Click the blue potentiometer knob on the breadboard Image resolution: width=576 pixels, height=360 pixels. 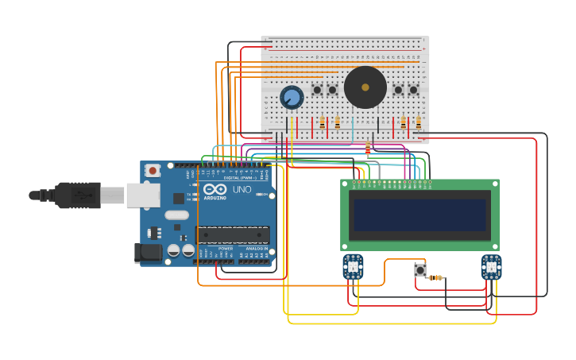pos(292,98)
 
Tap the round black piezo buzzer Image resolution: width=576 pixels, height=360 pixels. pos(365,87)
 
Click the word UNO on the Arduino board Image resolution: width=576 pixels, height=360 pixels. pos(241,191)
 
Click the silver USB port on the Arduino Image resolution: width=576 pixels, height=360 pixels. pos(143,195)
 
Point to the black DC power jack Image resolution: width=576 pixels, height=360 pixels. pos(148,253)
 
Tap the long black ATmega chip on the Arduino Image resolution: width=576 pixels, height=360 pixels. pos(233,235)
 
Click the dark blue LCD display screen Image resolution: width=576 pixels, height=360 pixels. pos(420,215)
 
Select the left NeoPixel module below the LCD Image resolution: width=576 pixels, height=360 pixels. pos(354,266)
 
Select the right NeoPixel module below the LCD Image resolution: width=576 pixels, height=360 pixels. pos(491,266)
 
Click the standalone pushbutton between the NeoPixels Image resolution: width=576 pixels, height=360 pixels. pos(420,270)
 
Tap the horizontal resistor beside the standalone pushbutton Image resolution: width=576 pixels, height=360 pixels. pos(435,277)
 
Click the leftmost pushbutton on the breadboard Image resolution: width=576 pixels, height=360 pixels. pos(317,90)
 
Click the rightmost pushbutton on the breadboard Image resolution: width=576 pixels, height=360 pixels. pos(413,90)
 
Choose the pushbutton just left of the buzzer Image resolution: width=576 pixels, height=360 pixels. pos(332,90)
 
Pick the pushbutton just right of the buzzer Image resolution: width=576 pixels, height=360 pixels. pos(398,90)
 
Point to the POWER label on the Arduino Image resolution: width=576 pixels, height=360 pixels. pos(226,249)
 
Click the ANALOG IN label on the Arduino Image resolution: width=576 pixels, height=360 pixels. pos(256,249)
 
